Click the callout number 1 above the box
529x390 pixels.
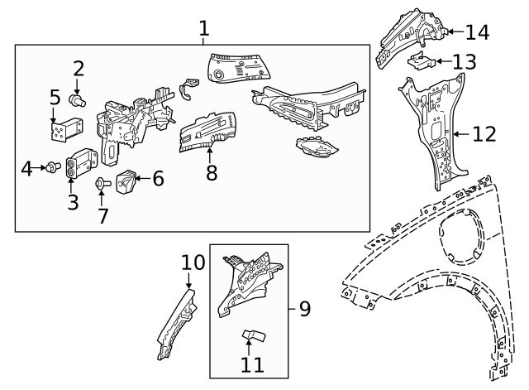[203, 29]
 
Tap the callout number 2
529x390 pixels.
[79, 69]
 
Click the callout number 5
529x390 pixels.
[55, 97]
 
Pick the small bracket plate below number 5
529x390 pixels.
[63, 130]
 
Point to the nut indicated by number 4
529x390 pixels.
[50, 168]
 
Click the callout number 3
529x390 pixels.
[74, 201]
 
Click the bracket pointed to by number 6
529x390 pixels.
[127, 181]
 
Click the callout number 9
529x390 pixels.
[304, 310]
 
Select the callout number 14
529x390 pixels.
[477, 32]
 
